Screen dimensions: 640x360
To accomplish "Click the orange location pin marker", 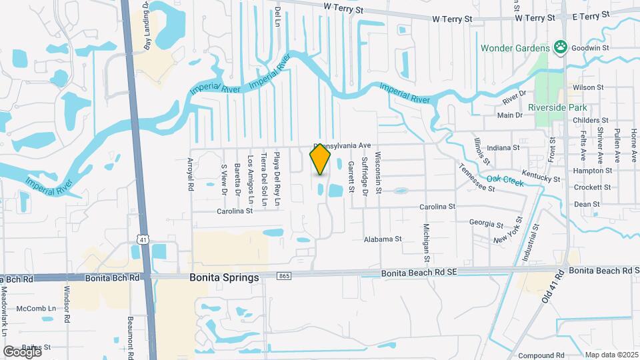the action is [x=320, y=160].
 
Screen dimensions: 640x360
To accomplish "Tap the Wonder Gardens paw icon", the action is [x=561, y=48].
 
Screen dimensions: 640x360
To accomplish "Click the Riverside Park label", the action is [x=557, y=107].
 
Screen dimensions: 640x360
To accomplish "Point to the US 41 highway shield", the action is [x=143, y=238].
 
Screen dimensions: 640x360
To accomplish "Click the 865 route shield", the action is [x=285, y=275].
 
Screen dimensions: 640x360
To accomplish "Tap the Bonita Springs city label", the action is [x=223, y=277].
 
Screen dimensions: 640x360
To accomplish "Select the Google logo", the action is [x=21, y=351].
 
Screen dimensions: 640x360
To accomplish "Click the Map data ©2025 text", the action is [x=611, y=355].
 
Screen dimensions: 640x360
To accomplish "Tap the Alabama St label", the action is [x=383, y=239].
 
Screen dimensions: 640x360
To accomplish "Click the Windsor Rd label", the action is [x=67, y=305].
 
